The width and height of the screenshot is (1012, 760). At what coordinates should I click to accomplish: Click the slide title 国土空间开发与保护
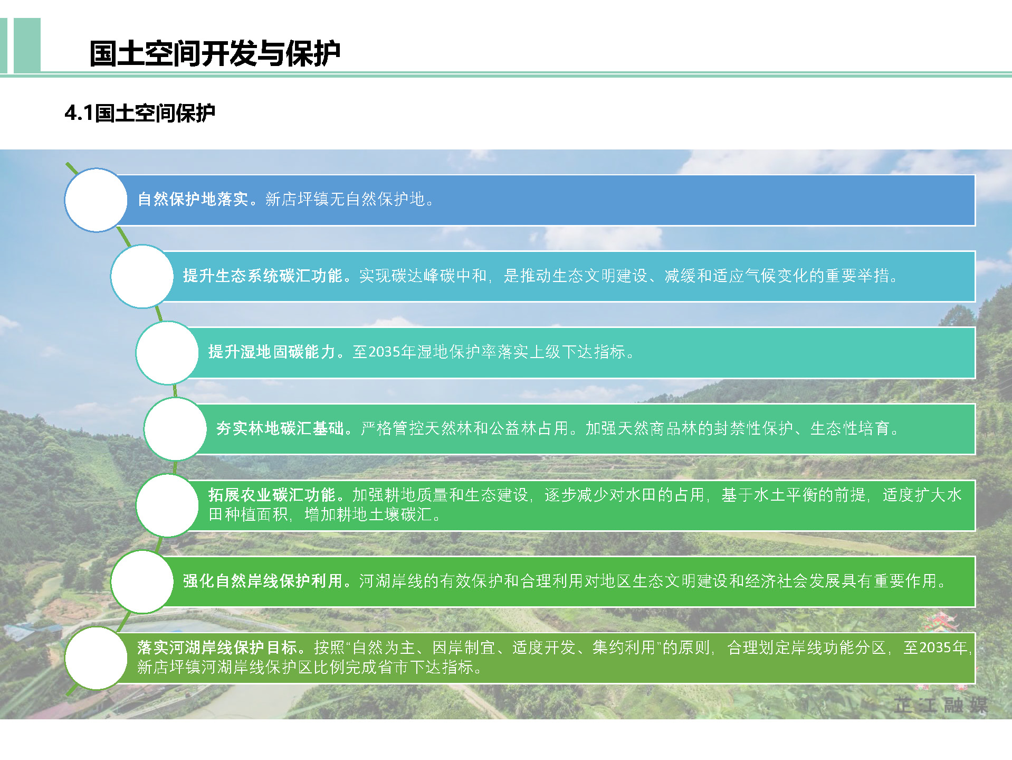[x=215, y=53]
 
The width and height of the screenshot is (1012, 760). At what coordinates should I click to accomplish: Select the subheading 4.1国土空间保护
[x=140, y=112]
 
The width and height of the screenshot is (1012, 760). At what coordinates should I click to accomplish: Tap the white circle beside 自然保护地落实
[x=96, y=200]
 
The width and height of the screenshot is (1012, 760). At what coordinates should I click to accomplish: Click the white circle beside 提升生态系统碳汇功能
[x=142, y=276]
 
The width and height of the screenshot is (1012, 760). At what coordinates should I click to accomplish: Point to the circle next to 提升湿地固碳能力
[x=167, y=353]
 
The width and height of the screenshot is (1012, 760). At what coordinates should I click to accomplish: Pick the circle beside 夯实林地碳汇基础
[x=175, y=429]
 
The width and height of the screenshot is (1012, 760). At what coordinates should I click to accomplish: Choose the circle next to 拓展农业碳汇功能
[x=167, y=505]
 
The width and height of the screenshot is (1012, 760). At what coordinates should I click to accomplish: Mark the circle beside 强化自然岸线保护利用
[x=142, y=581]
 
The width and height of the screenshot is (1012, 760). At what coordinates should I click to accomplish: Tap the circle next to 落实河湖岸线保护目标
[x=96, y=658]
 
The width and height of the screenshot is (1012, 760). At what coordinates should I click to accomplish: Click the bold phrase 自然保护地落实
[x=193, y=199]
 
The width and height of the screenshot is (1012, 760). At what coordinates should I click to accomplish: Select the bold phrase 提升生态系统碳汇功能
[x=263, y=276]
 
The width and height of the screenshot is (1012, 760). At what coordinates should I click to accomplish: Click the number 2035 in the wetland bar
[x=384, y=352]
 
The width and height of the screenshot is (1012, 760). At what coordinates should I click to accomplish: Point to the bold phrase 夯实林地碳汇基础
[x=280, y=428]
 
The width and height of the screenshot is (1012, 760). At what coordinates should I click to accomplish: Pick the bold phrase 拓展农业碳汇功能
[x=272, y=495]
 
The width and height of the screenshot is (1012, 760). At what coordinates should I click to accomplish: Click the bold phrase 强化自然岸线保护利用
[x=263, y=581]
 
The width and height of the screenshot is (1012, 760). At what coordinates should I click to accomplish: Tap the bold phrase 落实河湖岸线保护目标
[x=217, y=648]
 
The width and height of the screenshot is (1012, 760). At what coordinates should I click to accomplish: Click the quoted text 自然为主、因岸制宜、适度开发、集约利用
[x=504, y=648]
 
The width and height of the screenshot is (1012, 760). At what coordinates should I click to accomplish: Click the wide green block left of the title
[x=27, y=45]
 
